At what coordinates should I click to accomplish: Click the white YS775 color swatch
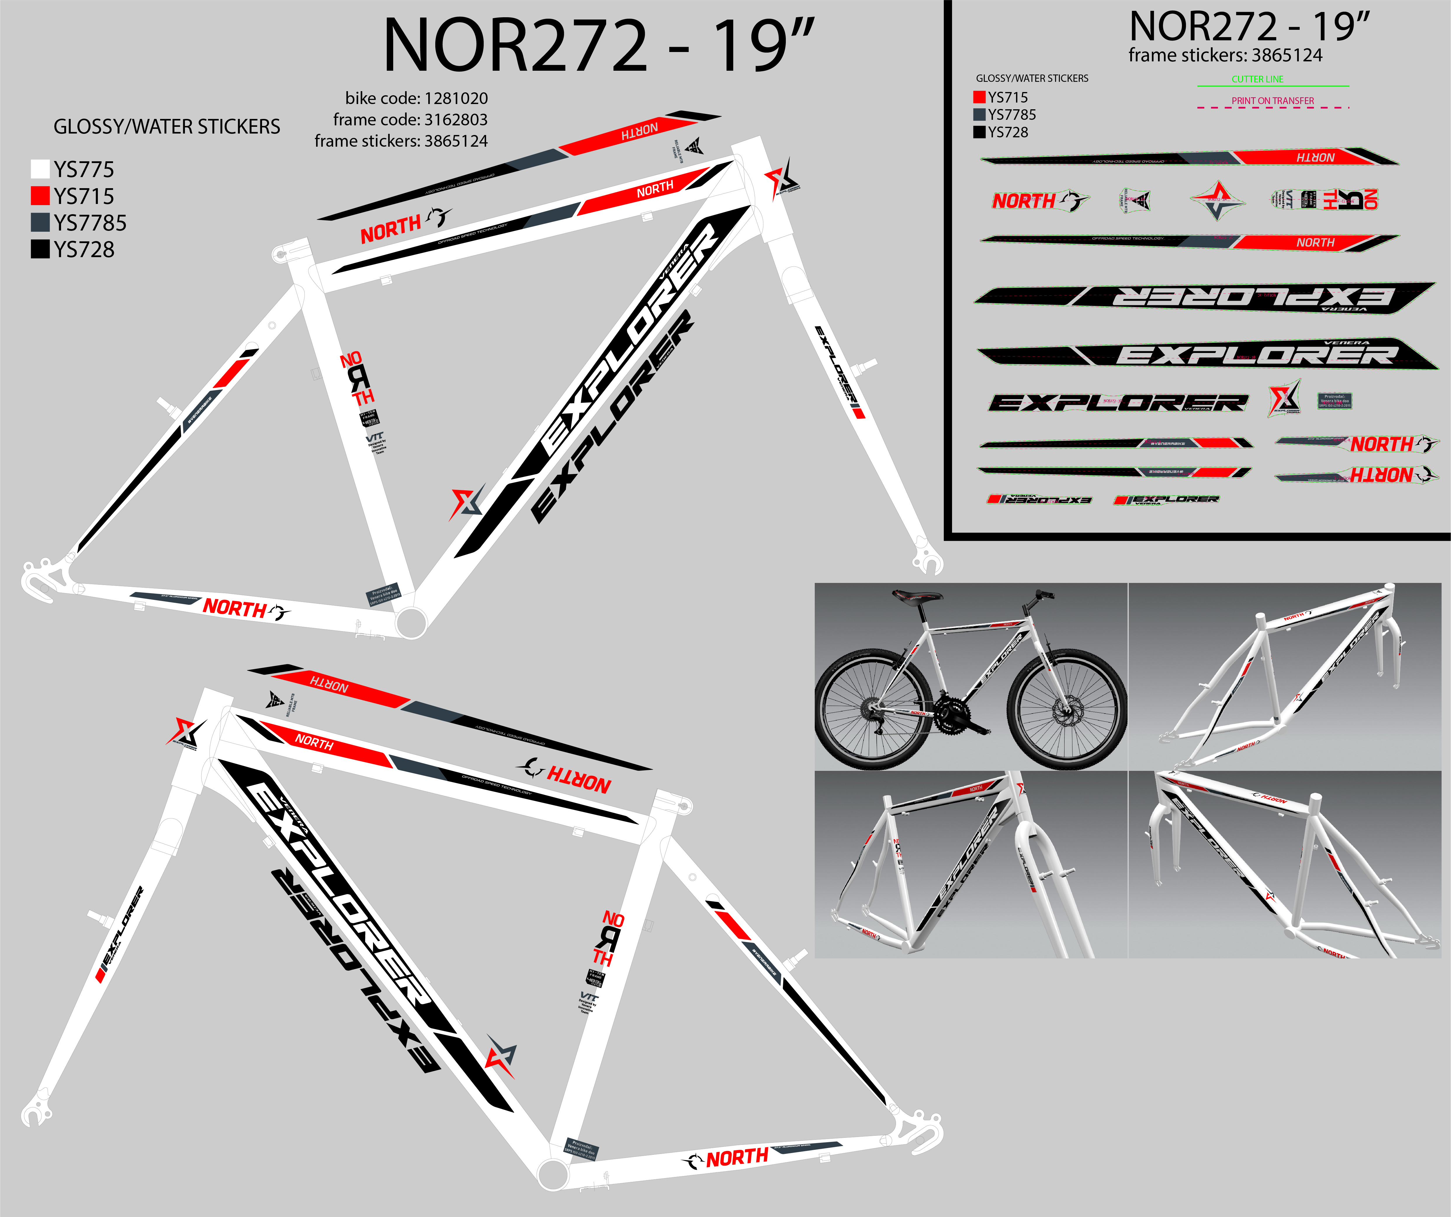40,169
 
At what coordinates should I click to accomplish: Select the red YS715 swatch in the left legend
40,195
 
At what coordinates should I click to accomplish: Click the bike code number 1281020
456,98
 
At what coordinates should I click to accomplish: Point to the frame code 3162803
456,120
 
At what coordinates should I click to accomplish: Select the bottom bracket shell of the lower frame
553,1173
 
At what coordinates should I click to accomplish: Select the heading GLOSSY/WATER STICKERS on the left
167,127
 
